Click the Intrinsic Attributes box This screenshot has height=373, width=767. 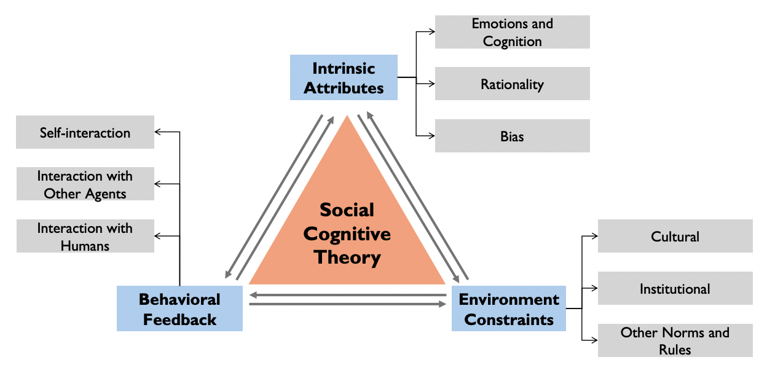344,77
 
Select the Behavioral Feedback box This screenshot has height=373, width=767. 179,308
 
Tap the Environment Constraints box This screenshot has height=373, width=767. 508,308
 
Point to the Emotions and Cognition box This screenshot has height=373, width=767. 512,32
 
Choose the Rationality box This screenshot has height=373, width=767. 512,84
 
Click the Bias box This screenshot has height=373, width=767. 512,136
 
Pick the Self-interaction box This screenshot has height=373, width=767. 85,132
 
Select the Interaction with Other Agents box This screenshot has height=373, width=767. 85,184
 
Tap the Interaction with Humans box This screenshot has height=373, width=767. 85,236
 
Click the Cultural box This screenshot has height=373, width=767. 675,236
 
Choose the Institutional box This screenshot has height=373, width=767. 675,288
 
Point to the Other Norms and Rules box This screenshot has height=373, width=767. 675,340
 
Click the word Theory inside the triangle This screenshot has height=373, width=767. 347,257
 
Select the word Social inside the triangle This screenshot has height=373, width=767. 347,210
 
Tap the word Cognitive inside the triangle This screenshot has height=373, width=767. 347,234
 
